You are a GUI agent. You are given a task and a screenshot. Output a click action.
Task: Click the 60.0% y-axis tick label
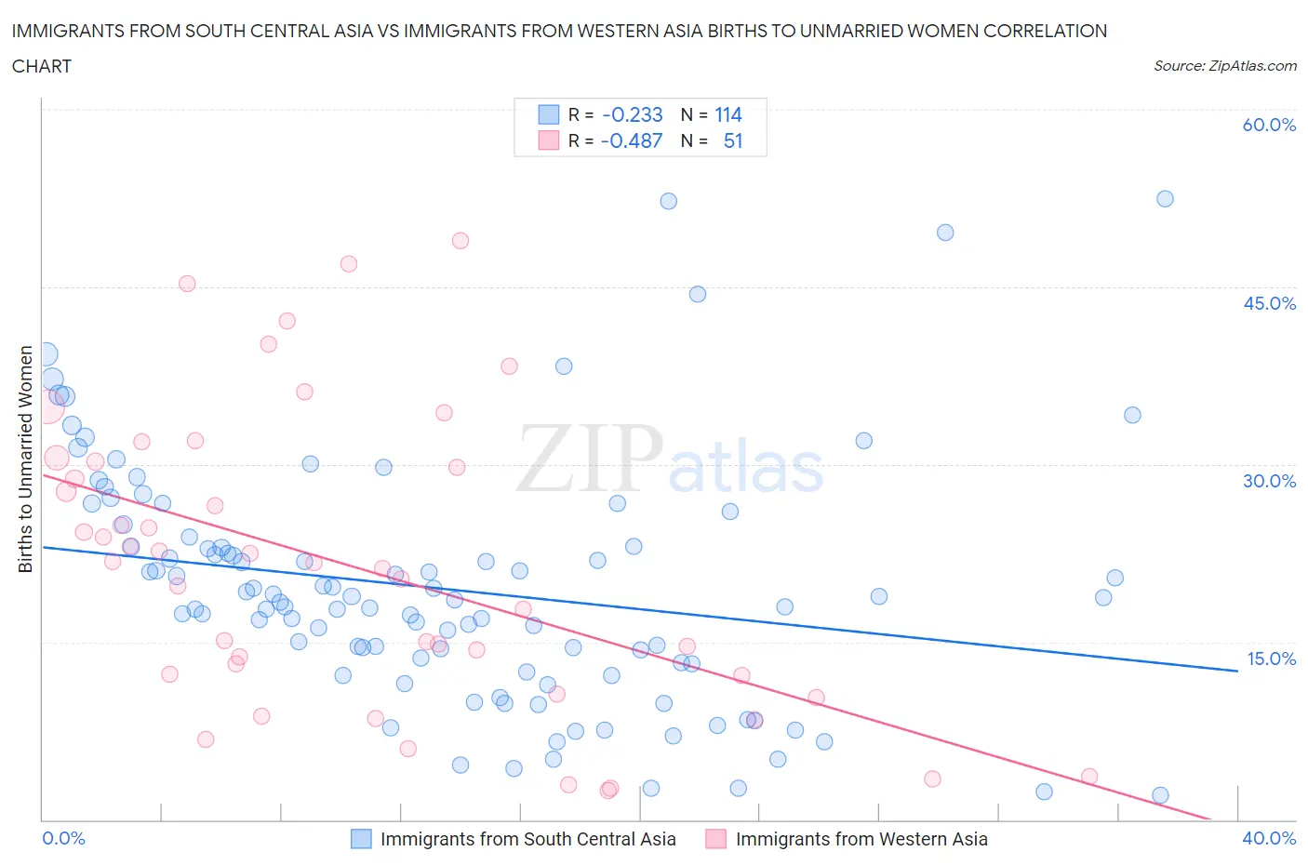(x=1269, y=125)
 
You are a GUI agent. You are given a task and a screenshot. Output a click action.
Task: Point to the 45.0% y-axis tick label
(x=1269, y=303)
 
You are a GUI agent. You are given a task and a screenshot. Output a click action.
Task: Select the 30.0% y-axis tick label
(x=1269, y=481)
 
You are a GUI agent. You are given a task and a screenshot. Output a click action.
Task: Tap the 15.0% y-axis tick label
(x=1271, y=659)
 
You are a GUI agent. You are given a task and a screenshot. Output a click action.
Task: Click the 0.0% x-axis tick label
(x=63, y=838)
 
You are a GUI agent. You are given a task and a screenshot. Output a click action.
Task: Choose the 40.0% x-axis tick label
(x=1269, y=838)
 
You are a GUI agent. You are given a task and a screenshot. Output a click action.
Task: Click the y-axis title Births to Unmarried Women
(x=25, y=459)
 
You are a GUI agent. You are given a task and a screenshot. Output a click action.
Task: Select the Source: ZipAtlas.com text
(x=1224, y=66)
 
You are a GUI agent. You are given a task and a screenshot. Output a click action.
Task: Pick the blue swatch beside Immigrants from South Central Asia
(x=361, y=839)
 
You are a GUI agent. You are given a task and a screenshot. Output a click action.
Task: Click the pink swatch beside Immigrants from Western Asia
(x=715, y=839)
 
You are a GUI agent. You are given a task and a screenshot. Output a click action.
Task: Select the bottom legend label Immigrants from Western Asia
(x=861, y=839)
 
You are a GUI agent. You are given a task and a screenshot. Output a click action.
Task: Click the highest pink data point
(x=460, y=241)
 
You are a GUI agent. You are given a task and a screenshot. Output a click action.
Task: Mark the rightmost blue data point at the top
(x=1165, y=199)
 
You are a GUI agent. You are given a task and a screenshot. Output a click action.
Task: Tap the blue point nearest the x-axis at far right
(x=1160, y=795)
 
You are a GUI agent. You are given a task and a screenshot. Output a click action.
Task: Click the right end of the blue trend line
(x=1237, y=671)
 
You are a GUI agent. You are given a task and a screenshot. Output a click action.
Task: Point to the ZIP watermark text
(x=590, y=459)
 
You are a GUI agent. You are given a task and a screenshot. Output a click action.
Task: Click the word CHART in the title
(x=42, y=66)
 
